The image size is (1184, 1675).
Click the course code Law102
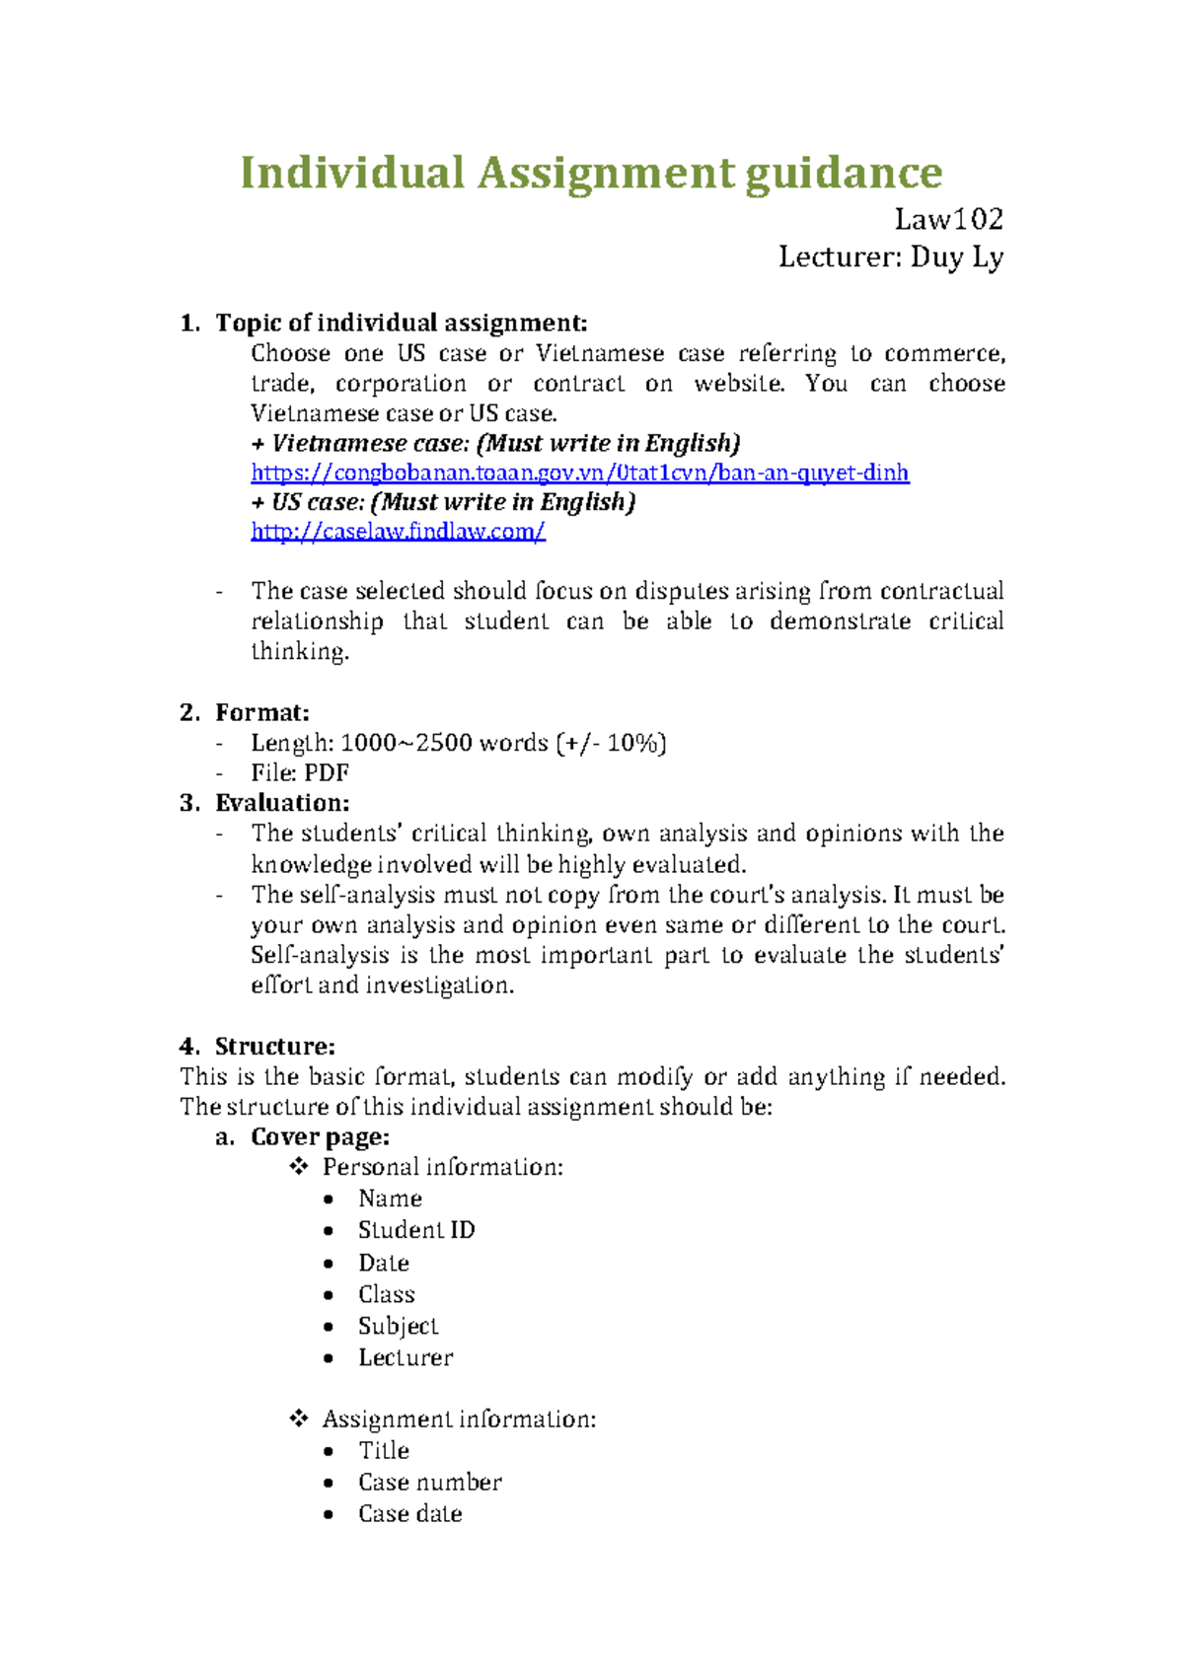click(948, 218)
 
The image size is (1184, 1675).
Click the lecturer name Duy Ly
click(956, 257)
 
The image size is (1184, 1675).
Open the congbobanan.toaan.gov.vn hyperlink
click(579, 473)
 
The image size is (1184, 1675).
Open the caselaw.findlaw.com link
click(398, 532)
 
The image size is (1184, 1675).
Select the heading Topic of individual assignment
click(401, 324)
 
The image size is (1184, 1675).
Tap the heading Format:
click(261, 712)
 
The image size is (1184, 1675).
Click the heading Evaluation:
click(282, 803)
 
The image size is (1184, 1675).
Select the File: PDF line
click(299, 772)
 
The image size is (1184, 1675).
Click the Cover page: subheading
click(320, 1137)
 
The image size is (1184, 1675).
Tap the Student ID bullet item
click(415, 1230)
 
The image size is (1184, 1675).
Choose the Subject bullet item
click(398, 1326)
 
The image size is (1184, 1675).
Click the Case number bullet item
click(429, 1482)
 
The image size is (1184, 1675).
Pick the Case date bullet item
click(409, 1513)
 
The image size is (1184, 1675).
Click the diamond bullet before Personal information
click(298, 1167)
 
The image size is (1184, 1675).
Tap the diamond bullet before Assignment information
click(298, 1419)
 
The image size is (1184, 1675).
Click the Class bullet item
click(386, 1294)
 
